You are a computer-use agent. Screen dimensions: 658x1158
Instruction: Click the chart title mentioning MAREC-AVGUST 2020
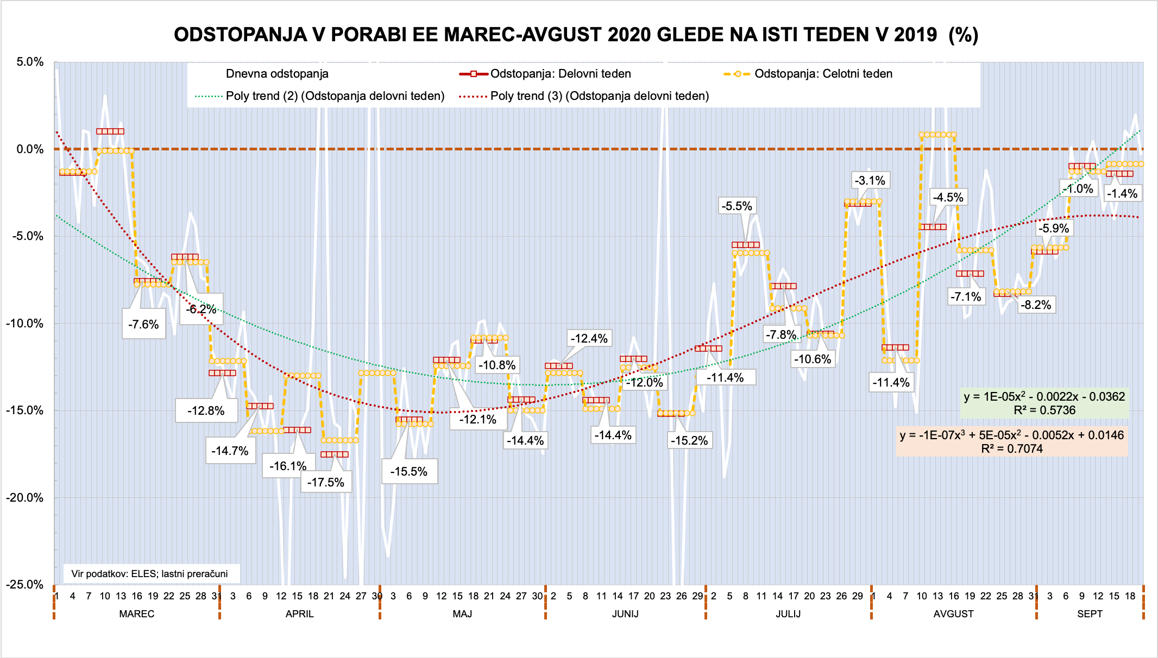pyautogui.click(x=576, y=35)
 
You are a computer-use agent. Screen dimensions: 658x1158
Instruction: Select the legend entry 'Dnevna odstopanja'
pyautogui.click(x=277, y=74)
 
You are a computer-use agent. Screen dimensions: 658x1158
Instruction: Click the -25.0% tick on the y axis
pyautogui.click(x=25, y=585)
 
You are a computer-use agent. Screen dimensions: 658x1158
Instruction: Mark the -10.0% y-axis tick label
pyautogui.click(x=25, y=324)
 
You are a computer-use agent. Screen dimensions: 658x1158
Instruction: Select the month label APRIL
pyautogui.click(x=300, y=614)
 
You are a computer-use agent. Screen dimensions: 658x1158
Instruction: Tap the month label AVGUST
pyautogui.click(x=953, y=614)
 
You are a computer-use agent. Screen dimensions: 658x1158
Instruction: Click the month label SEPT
pyautogui.click(x=1090, y=614)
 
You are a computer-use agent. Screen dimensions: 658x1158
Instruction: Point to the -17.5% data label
pyautogui.click(x=326, y=482)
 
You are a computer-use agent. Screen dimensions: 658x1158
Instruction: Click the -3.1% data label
pyautogui.click(x=870, y=181)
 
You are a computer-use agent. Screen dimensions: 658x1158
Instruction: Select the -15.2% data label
pyautogui.click(x=689, y=440)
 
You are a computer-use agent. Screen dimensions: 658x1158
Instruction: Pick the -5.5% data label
pyautogui.click(x=737, y=206)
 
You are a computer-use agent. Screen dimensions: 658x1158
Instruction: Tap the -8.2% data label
pyautogui.click(x=1036, y=305)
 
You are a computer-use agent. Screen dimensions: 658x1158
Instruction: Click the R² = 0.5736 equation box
pyautogui.click(x=1044, y=403)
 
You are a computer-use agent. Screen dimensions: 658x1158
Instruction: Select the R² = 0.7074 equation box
pyautogui.click(x=1012, y=442)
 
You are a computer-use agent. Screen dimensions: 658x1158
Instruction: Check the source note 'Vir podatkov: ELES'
pyautogui.click(x=150, y=574)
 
